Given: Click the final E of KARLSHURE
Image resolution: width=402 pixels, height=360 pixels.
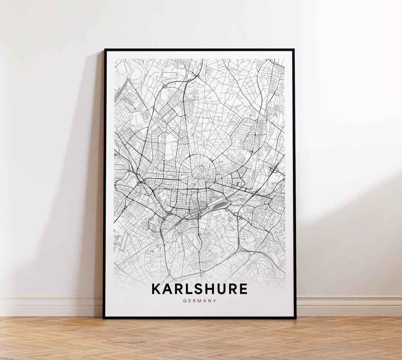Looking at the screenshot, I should pos(243,289).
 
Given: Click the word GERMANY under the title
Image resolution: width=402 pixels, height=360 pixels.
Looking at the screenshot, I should pos(200,301).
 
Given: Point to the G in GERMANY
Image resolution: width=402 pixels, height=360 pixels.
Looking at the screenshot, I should pos(185,301).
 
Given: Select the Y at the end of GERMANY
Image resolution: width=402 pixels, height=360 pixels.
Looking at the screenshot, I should pos(214,301).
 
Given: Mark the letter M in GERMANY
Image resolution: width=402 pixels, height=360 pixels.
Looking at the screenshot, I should pos(200,301).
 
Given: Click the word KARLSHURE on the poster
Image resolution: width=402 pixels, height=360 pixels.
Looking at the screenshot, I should pos(200,289).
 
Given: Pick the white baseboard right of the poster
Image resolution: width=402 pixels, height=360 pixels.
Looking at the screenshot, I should pos(350,305).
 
